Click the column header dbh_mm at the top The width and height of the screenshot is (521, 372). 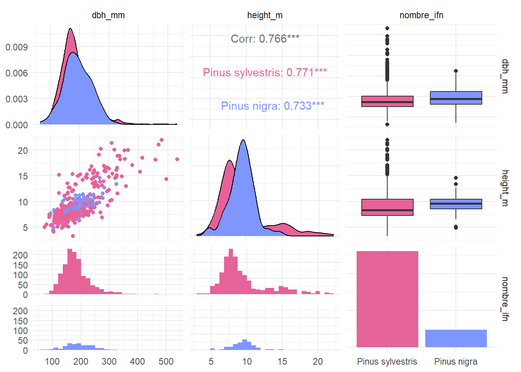108,15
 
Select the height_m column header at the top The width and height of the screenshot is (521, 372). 265,15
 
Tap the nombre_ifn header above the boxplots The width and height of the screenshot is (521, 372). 421,15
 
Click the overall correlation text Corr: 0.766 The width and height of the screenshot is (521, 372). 265,39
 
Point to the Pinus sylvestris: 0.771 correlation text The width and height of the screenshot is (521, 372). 265,72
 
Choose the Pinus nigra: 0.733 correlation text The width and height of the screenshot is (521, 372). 273,106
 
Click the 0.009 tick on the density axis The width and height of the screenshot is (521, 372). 17,47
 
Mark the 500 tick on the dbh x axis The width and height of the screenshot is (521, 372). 166,362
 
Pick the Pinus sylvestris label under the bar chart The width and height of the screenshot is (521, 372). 387,362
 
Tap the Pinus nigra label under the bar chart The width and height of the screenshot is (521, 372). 455,362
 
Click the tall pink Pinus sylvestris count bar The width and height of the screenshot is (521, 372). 387,299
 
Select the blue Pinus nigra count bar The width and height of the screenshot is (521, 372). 456,338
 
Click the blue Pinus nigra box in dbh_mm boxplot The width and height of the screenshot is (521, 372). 456,98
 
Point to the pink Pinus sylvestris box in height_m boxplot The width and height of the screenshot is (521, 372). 387,207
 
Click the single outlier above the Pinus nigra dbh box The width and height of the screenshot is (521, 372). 456,71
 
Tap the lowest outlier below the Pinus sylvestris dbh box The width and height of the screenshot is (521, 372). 387,124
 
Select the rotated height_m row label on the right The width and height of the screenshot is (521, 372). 505,188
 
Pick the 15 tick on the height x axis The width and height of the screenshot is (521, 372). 282,362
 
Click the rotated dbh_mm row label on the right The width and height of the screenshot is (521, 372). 505,76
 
